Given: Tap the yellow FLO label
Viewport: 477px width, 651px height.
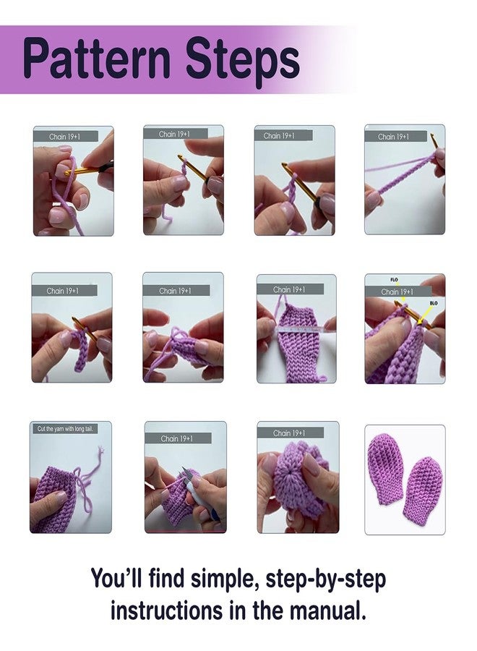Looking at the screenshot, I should tap(394, 279).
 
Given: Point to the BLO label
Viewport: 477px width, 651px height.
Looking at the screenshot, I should tap(433, 304).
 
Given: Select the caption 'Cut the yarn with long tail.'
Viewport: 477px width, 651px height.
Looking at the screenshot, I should tap(66, 429).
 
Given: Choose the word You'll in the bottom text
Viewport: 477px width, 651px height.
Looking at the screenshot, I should tap(116, 579).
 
